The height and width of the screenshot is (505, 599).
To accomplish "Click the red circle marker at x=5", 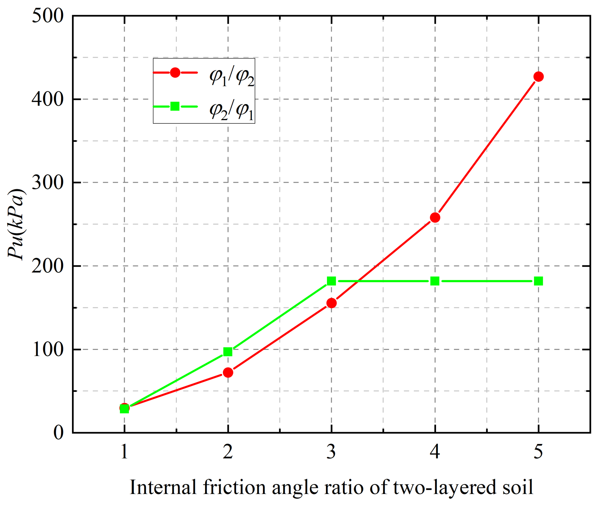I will (538, 76).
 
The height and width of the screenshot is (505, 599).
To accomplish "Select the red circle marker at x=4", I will (435, 217).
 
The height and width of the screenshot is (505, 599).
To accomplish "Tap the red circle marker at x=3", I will (331, 303).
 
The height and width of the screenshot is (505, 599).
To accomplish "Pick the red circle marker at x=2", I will (228, 372).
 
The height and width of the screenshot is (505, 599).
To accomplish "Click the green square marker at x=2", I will (228, 352).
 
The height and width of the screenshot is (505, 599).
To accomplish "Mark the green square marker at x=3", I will (331, 281).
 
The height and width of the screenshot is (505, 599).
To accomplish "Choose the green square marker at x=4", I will (435, 281).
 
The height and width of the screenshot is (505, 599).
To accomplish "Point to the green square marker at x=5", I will (538, 281).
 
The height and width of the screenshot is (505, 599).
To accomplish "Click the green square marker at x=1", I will (124, 409).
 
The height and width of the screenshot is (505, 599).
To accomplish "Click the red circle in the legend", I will (175, 73).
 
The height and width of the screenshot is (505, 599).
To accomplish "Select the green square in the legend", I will (175, 106).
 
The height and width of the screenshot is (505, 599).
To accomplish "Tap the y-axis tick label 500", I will (48, 16).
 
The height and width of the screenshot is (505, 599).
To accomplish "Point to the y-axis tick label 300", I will (48, 182).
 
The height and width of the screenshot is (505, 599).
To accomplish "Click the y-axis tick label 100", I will (48, 349).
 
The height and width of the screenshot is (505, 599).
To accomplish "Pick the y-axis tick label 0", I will (58, 433).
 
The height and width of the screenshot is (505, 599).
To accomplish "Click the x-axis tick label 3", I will (331, 451).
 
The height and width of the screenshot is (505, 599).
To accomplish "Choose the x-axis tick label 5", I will (538, 451).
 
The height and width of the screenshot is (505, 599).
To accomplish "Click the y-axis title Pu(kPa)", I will (16, 224).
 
